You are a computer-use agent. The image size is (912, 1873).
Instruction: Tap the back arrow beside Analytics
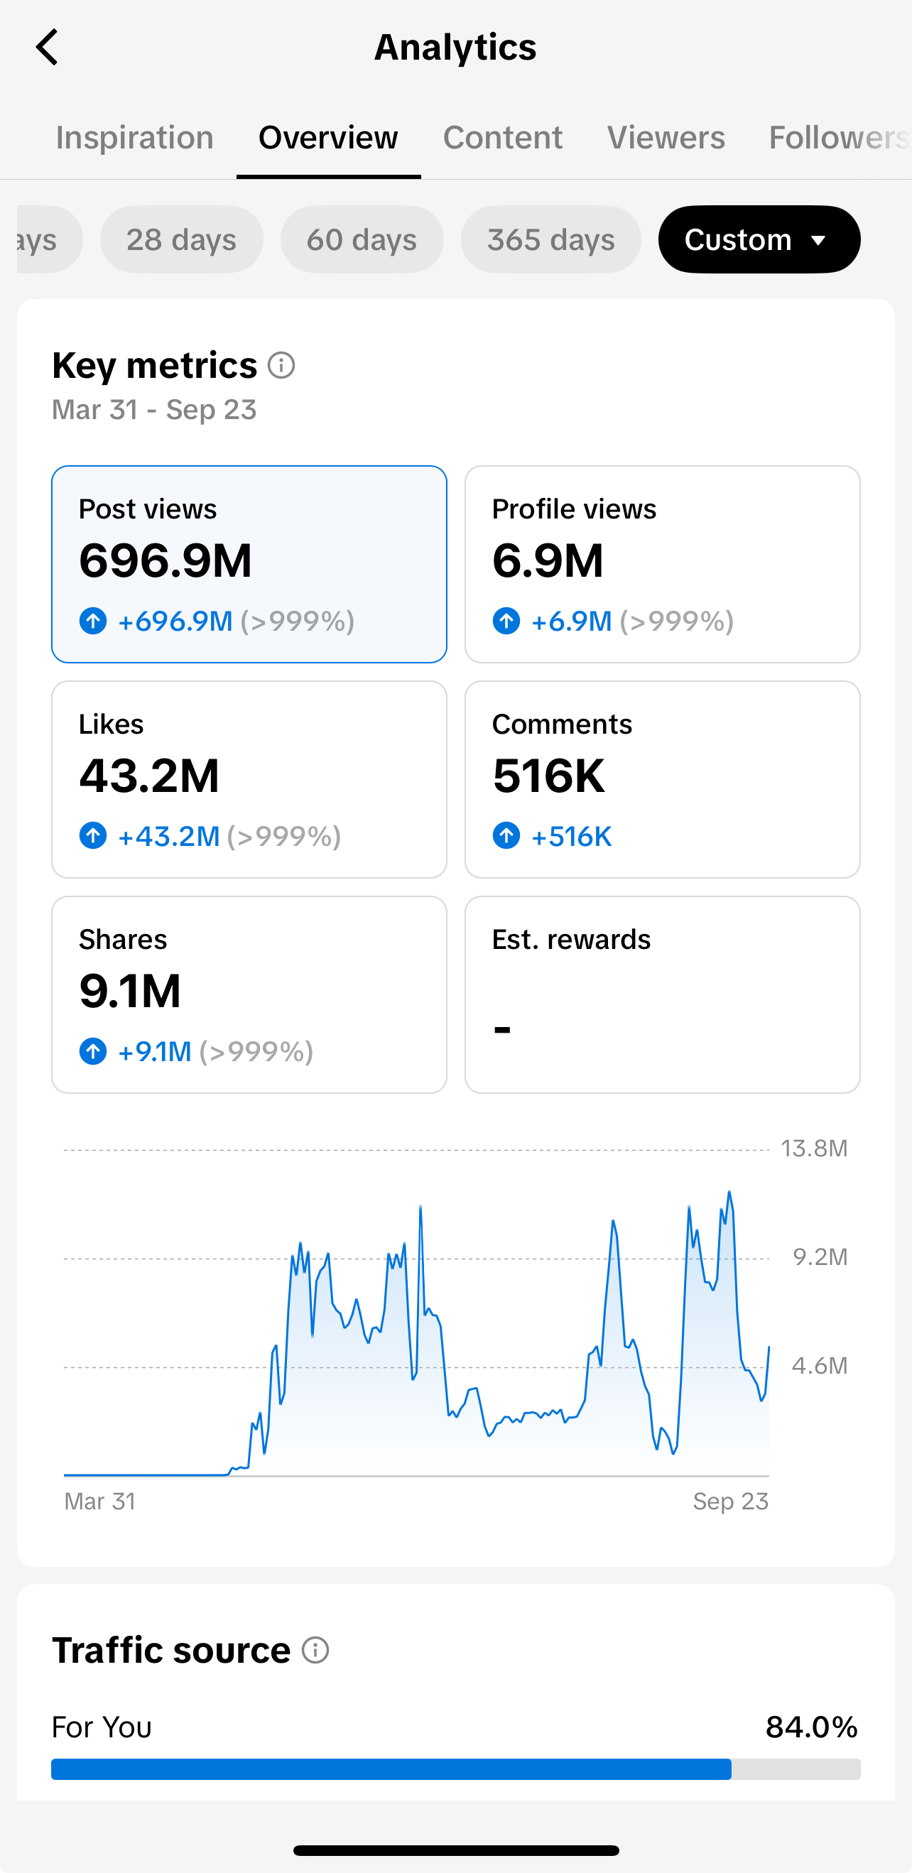pyautogui.click(x=48, y=48)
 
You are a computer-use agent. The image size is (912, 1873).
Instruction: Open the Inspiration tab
pyautogui.click(x=134, y=137)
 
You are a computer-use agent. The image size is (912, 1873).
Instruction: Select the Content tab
pyautogui.click(x=503, y=137)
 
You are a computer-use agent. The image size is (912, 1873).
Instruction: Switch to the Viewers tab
pyautogui.click(x=666, y=137)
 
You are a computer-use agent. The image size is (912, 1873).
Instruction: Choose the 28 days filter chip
pyautogui.click(x=182, y=239)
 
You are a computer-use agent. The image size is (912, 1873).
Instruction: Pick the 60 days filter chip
pyautogui.click(x=362, y=239)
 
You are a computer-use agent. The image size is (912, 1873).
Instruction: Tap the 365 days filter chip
pyautogui.click(x=551, y=239)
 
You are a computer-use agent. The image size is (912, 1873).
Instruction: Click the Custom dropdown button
pyautogui.click(x=759, y=239)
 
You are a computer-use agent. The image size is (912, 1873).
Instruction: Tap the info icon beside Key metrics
pyautogui.click(x=281, y=365)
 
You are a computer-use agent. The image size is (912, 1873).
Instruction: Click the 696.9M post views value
pyautogui.click(x=165, y=560)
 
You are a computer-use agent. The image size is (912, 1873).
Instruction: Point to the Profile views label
pyautogui.click(x=574, y=509)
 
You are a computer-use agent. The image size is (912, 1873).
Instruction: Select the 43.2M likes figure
pyautogui.click(x=149, y=776)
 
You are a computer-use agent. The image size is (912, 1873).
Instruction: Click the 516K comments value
pyautogui.click(x=548, y=776)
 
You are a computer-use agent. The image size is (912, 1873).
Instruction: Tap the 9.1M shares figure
pyautogui.click(x=129, y=991)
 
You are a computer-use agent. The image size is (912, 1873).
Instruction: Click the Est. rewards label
pyautogui.click(x=571, y=940)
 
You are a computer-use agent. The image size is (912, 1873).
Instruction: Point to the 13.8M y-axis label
pyautogui.click(x=814, y=1148)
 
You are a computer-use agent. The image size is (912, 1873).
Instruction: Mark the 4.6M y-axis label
pyautogui.click(x=820, y=1365)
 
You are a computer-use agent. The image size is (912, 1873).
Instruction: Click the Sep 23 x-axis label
pyautogui.click(x=730, y=1501)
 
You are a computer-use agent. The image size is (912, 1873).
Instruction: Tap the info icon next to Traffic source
pyautogui.click(x=315, y=1651)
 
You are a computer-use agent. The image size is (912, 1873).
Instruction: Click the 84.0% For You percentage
pyautogui.click(x=812, y=1727)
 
